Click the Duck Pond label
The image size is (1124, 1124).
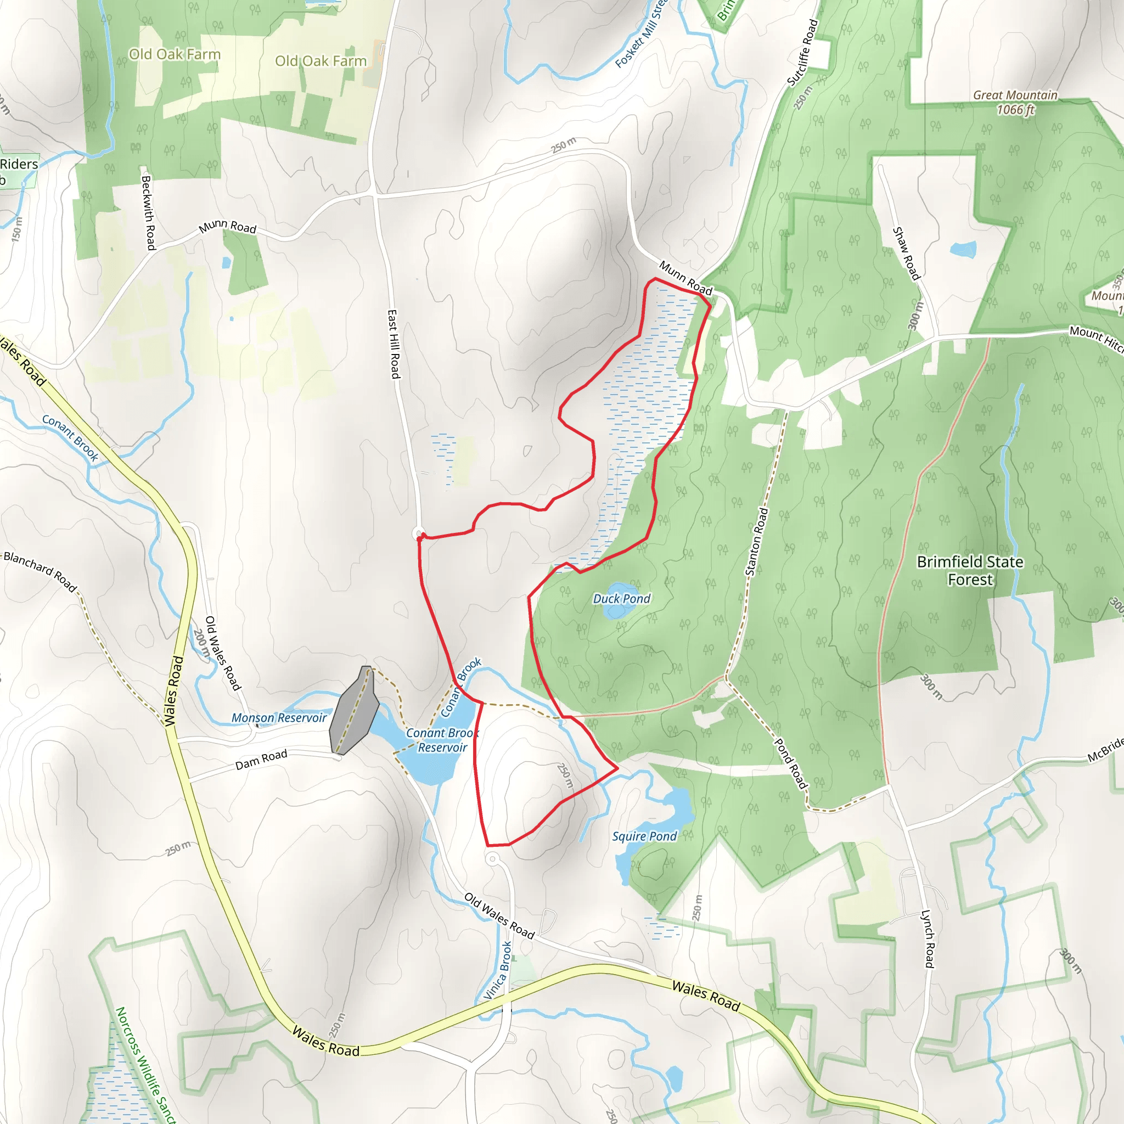[621, 599]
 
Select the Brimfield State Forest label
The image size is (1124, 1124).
[970, 570]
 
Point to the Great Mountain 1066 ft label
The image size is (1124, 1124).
[1015, 103]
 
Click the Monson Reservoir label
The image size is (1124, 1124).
[279, 718]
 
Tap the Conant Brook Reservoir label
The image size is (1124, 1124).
[442, 740]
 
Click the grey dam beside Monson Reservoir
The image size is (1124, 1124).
[354, 711]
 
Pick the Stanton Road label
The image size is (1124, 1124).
[757, 542]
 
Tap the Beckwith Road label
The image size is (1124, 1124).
[148, 213]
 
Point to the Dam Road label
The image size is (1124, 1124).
[261, 759]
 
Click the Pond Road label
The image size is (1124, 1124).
[791, 763]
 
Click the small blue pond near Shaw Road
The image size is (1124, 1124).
[963, 250]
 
